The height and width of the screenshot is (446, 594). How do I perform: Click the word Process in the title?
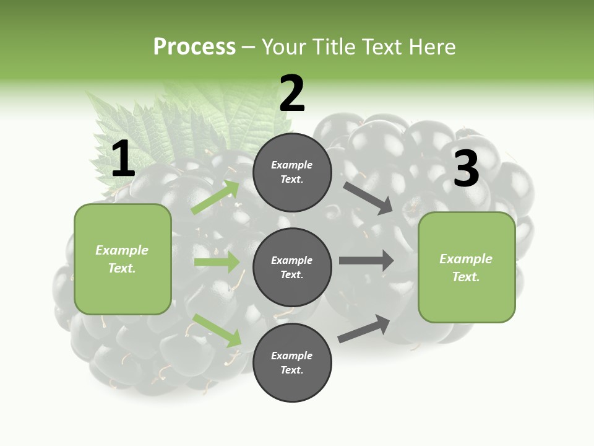tap(195, 47)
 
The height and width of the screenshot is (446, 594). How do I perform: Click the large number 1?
tap(123, 158)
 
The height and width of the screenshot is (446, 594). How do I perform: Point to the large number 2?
tap(292, 93)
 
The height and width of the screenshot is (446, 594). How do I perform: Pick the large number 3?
tap(467, 168)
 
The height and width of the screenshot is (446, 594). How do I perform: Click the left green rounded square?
tap(123, 260)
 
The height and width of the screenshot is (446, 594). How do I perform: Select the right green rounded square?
tap(467, 268)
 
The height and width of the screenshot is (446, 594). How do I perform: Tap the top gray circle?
tap(292, 172)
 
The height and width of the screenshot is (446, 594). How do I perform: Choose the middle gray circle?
tap(292, 268)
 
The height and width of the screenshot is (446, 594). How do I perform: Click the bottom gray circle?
tap(292, 362)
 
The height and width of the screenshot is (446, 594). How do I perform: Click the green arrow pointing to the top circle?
tap(215, 197)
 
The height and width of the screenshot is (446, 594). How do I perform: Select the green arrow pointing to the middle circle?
tap(217, 261)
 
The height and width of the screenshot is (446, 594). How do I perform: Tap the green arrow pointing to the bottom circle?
tap(217, 330)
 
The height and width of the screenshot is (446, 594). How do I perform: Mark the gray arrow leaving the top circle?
tap(368, 198)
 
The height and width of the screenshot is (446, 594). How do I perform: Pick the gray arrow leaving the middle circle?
tap(366, 261)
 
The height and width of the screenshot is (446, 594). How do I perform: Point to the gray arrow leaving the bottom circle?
tap(364, 328)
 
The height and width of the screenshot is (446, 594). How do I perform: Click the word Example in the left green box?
tap(122, 250)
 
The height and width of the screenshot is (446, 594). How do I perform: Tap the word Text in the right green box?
tap(466, 277)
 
